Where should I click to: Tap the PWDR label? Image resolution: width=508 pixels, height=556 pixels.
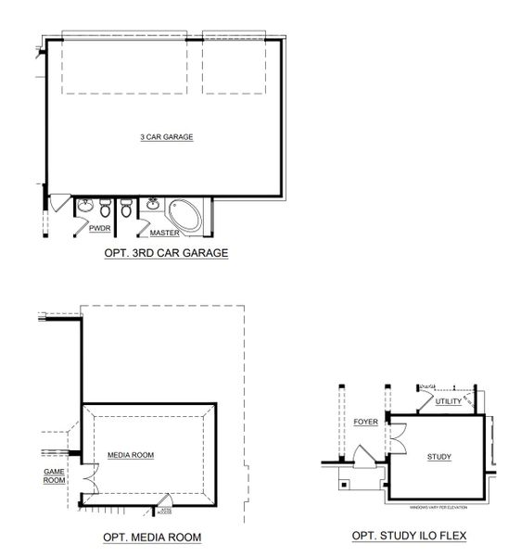[x=100, y=227]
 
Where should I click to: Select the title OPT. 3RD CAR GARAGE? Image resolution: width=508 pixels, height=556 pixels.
[x=168, y=252]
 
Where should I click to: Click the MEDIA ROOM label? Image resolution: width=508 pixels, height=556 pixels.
[x=131, y=455]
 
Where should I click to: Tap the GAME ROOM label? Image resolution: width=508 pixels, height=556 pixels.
[x=55, y=476]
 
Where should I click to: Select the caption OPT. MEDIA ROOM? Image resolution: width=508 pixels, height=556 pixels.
[x=153, y=537]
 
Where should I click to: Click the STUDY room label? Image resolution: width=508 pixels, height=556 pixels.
[x=438, y=457]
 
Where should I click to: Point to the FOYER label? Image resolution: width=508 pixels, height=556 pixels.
[x=366, y=423]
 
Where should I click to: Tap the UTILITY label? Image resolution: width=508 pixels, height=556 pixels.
[x=448, y=400]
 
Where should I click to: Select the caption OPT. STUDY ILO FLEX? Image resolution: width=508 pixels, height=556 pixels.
[x=409, y=536]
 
